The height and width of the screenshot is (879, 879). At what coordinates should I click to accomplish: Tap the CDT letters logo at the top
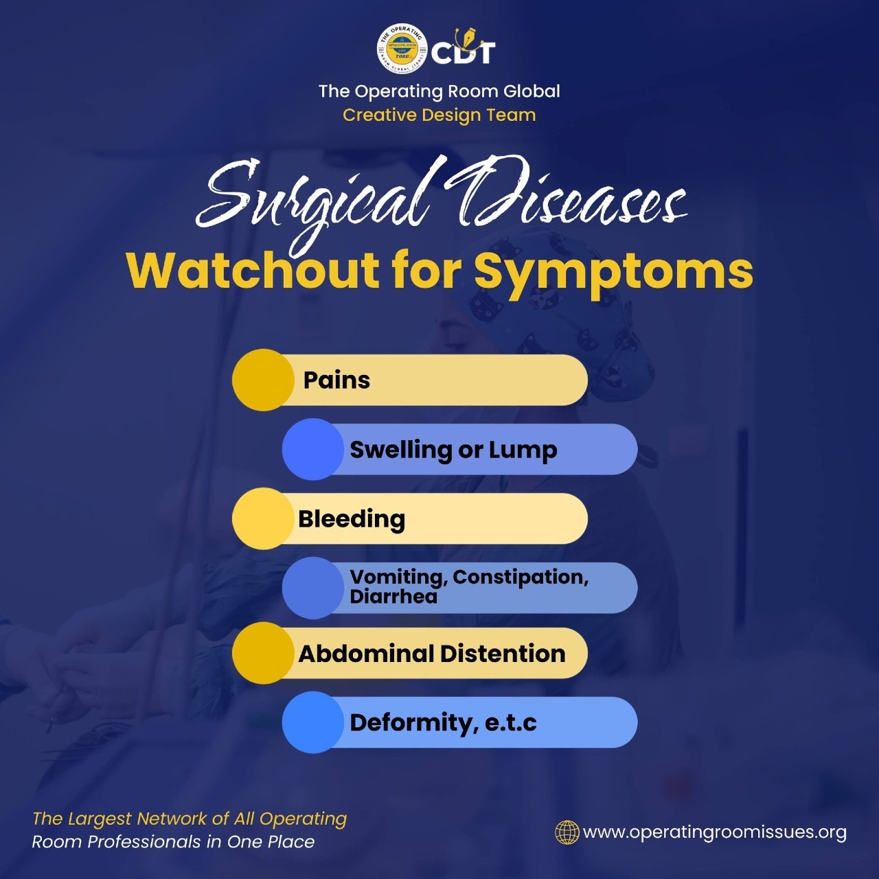(463, 47)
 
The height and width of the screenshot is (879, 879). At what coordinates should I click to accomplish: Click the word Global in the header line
(532, 91)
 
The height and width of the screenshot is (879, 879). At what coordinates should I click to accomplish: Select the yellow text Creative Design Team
(439, 115)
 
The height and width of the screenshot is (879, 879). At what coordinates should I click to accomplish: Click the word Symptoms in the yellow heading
(613, 274)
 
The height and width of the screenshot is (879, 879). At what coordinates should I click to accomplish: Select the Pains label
(336, 380)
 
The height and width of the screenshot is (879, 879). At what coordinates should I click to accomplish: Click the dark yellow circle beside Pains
(263, 380)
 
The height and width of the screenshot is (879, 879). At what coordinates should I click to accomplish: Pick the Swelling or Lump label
(453, 450)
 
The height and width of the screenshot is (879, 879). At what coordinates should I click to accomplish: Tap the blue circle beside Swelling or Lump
(313, 449)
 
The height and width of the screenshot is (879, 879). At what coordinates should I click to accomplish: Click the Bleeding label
(352, 519)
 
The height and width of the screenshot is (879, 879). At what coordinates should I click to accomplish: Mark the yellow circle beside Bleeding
(263, 518)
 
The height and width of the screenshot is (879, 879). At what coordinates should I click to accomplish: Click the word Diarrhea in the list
(393, 597)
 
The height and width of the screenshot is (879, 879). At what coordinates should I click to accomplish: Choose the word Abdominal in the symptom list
(366, 654)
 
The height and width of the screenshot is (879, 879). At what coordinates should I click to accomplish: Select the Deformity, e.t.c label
(443, 723)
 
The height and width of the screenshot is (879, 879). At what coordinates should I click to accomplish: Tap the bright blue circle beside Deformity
(313, 722)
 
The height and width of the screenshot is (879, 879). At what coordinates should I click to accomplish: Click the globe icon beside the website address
(567, 832)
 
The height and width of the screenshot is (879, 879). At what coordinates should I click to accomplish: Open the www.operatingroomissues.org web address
(715, 833)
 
